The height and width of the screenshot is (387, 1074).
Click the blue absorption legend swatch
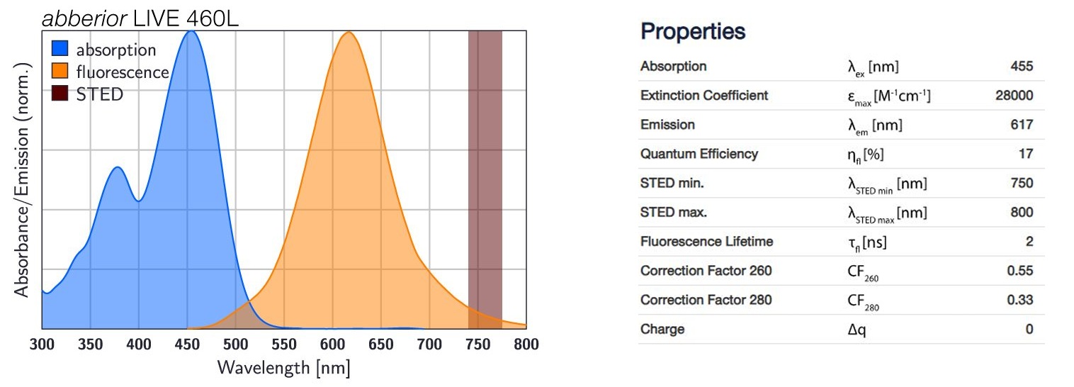(61, 50)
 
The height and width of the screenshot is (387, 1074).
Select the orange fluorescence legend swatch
(61, 72)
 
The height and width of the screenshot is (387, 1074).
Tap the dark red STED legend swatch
(61, 94)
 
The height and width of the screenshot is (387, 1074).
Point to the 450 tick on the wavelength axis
(187, 344)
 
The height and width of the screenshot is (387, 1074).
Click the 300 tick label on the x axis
(43, 344)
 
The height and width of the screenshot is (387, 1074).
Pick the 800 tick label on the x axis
(525, 344)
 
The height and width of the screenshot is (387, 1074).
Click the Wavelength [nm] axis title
(284, 368)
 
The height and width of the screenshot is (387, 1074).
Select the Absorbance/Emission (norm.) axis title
(23, 180)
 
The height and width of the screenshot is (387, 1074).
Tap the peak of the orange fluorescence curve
(348, 33)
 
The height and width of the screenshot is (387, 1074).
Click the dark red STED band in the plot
(485, 177)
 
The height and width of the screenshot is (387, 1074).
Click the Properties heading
(692, 32)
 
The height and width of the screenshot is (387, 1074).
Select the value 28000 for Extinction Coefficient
(1014, 96)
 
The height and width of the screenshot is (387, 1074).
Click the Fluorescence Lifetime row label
(706, 242)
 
